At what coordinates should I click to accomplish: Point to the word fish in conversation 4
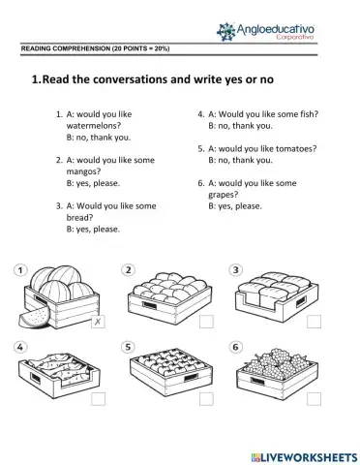(x=304, y=114)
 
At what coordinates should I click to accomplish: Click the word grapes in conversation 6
(x=224, y=194)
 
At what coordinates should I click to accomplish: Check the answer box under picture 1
(x=97, y=323)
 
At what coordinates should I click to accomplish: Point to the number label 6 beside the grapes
(x=235, y=346)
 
